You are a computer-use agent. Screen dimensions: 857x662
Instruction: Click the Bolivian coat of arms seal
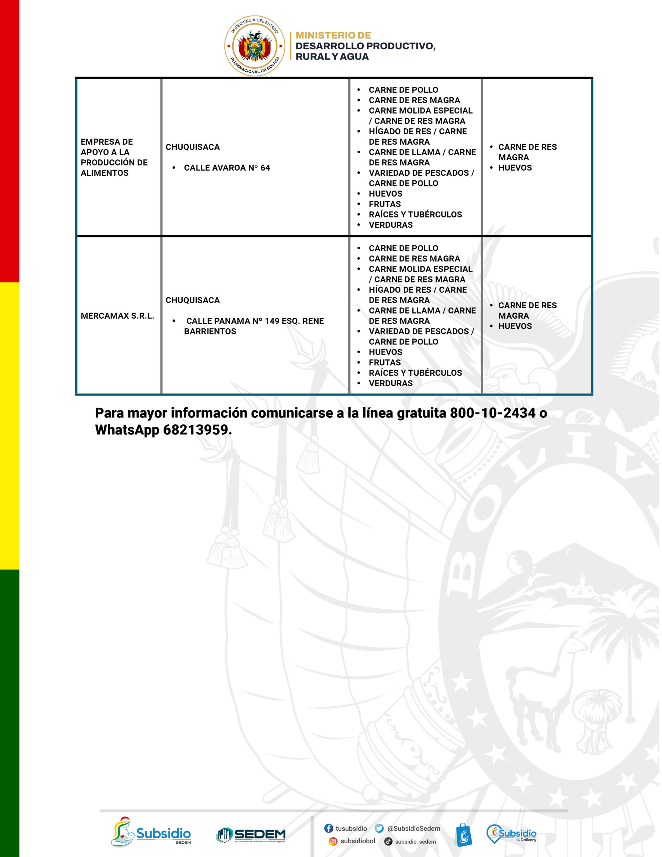[254, 46]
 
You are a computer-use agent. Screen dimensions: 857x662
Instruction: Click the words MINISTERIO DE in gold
[333, 35]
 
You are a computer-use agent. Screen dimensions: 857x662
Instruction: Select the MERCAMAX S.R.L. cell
[117, 316]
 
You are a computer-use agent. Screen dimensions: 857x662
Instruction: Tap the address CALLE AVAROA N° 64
[227, 168]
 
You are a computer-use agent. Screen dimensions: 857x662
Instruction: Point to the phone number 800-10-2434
[492, 413]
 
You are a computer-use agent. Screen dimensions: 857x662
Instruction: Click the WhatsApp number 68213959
[195, 430]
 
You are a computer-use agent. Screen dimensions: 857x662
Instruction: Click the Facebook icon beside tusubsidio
[328, 828]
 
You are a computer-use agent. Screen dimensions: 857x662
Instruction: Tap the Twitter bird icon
[379, 828]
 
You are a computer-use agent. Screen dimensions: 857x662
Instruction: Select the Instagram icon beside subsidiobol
[333, 841]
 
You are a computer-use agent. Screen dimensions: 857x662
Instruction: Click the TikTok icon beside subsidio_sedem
[388, 841]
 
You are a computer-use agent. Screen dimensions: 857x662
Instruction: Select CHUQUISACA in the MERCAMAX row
[192, 300]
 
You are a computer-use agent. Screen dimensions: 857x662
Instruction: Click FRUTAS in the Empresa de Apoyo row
[385, 204]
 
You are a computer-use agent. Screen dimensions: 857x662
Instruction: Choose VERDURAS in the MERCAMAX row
[391, 383]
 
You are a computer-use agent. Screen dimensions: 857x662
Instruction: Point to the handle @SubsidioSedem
[414, 828]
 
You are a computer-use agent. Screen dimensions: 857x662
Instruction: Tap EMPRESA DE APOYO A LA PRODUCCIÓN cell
[114, 157]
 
